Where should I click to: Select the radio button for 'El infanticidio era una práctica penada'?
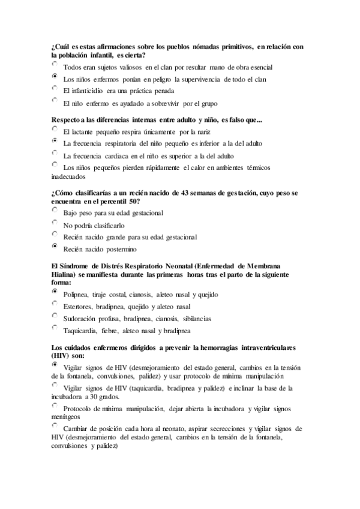[55, 88]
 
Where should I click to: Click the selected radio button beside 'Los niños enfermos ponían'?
[55, 76]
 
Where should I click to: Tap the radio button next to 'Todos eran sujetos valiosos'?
[55, 64]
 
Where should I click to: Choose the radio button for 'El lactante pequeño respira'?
[55, 129]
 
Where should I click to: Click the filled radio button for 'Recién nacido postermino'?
[55, 246]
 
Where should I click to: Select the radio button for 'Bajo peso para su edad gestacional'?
[55, 211]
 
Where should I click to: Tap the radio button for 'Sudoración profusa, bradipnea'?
[55, 316]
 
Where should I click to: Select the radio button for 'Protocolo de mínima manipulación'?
[55, 406]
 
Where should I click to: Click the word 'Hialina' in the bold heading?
[65, 274]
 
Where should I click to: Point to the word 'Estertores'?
[78, 307]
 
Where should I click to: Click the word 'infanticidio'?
[89, 91]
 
